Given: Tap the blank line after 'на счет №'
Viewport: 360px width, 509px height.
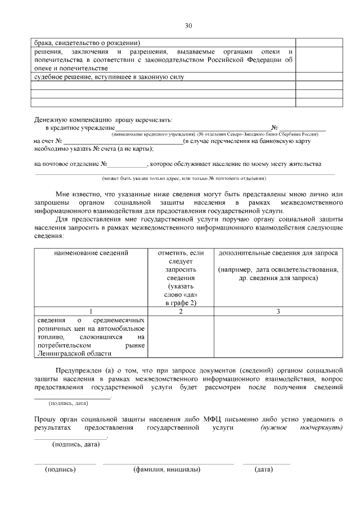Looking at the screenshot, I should click(122, 141).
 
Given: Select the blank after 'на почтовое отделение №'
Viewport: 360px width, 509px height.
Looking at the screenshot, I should click(127, 164).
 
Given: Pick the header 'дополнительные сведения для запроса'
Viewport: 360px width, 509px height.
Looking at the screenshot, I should click(278, 253).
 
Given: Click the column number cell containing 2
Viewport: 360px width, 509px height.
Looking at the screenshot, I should click(181, 311).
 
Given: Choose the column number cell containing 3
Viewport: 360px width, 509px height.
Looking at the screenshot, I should click(278, 311).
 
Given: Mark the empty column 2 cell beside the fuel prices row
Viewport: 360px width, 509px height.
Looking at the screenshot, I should click(181, 336).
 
